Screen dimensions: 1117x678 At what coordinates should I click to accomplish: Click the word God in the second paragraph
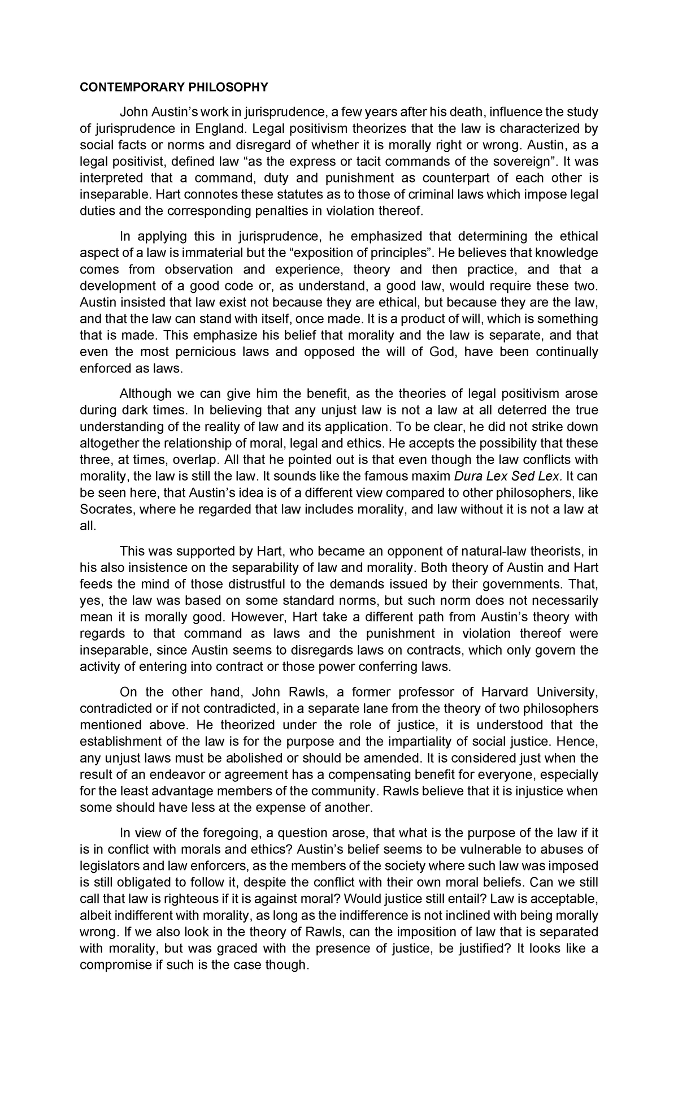(x=428, y=352)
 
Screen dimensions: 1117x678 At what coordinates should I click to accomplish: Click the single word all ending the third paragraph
(x=87, y=526)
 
